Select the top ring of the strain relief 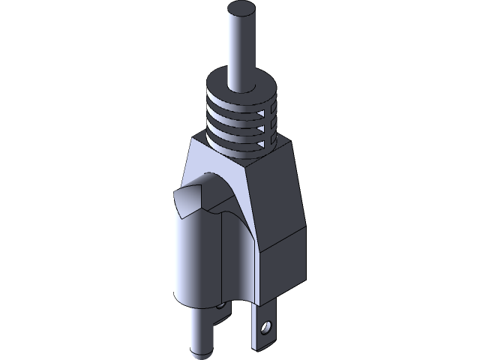coord(243,81)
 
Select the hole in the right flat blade coord(265,328)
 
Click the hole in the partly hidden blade coord(220,306)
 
